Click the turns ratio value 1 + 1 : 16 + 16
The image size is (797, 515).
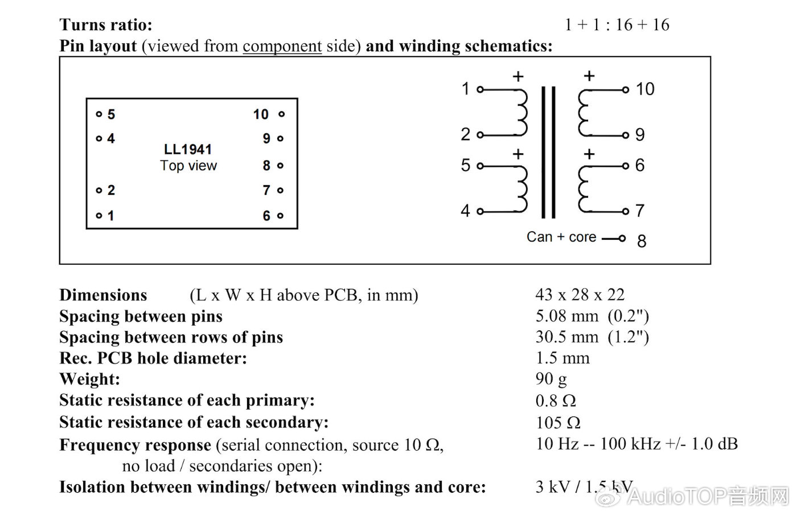pos(617,24)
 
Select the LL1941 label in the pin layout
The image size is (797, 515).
pos(188,149)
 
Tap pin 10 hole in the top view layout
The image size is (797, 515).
pos(281,115)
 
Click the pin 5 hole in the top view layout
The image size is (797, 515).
pos(99,115)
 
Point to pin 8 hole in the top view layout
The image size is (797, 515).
pos(280,166)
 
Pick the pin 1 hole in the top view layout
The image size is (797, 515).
pos(99,216)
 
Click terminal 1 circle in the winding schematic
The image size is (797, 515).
pos(480,89)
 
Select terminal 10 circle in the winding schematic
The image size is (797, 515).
pos(626,89)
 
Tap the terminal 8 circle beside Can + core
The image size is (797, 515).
pos(622,238)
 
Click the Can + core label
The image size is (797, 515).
pos(561,237)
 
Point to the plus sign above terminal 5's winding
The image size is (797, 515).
pos(518,154)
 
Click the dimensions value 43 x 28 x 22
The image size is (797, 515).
pos(580,295)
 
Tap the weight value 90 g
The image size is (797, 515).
pos(551,379)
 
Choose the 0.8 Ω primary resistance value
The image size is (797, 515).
pos(556,400)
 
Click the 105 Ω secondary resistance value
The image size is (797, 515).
pos(558,423)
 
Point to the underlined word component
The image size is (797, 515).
pos(282,46)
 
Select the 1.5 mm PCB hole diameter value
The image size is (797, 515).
pos(562,358)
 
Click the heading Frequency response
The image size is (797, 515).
pos(135,445)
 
